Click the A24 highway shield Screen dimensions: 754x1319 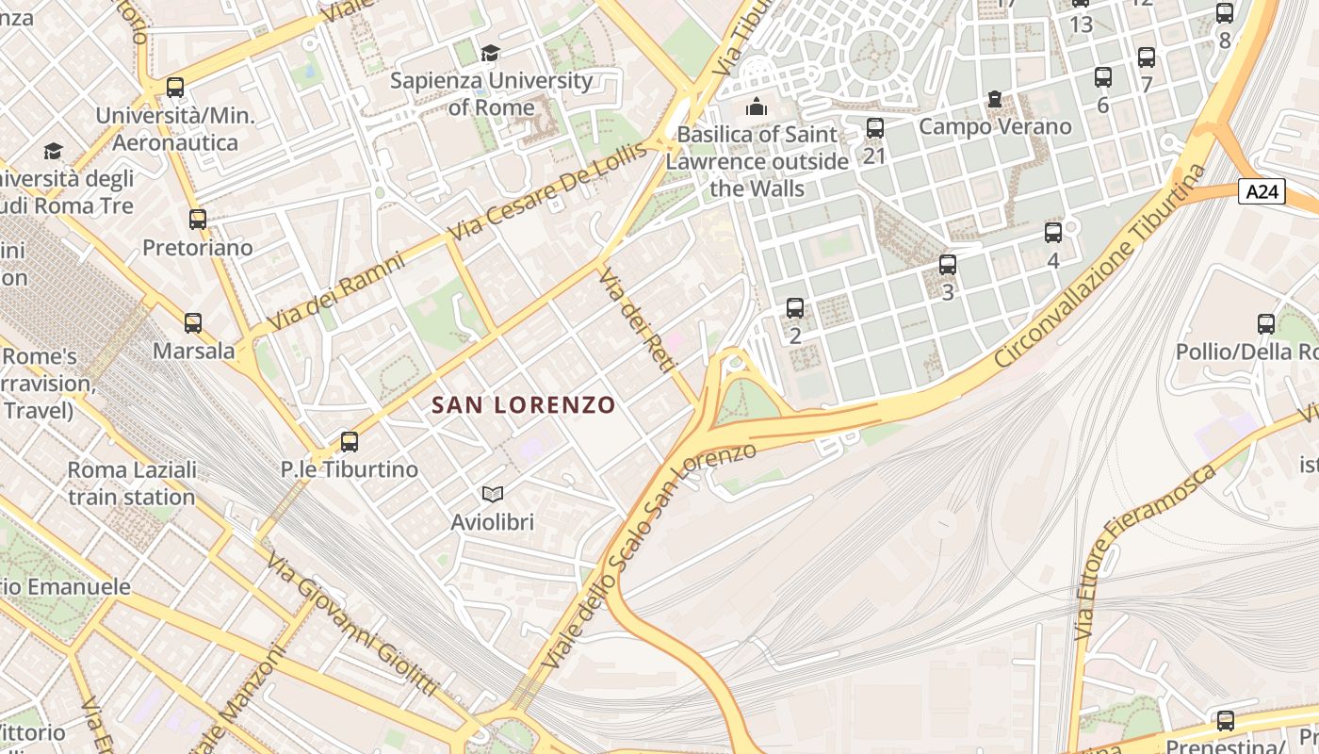point(1262,192)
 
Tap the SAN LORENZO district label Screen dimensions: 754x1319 point(523,405)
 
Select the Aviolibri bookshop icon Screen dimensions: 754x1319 point(492,494)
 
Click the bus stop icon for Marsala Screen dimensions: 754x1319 point(193,323)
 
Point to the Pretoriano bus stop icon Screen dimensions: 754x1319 point(198,220)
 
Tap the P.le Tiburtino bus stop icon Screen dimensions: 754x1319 point(350,441)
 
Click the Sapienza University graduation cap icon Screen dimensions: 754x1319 point(490,53)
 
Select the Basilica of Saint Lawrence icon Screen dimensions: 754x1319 point(756,107)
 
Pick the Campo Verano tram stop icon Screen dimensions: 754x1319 point(994,99)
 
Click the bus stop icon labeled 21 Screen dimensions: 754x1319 point(875,127)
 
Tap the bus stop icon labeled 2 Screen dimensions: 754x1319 point(795,308)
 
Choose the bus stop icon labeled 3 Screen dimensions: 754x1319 point(948,265)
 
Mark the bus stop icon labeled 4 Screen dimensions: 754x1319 point(1053,233)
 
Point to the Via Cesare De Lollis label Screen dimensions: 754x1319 point(548,191)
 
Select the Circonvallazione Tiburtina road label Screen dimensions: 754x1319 point(1100,268)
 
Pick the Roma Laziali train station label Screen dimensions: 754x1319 point(131,484)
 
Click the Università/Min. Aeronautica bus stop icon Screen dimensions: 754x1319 point(175,88)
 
